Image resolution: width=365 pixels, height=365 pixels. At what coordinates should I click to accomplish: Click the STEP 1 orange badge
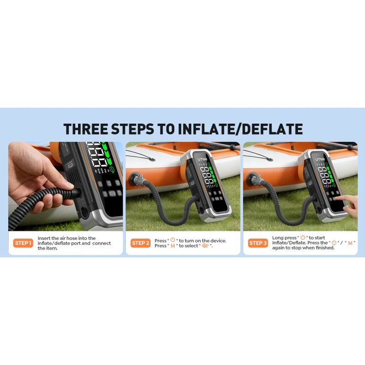[23, 243]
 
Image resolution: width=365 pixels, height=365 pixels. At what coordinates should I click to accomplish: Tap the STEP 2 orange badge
[141, 243]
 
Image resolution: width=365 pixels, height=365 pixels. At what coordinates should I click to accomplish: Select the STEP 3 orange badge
[258, 243]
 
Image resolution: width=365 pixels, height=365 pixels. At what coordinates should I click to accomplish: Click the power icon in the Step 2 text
[173, 240]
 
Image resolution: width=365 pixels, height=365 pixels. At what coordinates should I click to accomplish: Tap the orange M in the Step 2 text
[173, 246]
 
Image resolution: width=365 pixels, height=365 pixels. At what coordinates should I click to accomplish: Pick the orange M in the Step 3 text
[350, 243]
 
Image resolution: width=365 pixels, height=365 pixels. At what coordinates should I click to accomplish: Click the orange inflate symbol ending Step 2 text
[205, 245]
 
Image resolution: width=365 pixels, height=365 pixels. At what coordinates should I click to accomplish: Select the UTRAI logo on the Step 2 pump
[202, 159]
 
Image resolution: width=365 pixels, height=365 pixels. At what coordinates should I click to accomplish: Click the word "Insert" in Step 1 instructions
[44, 238]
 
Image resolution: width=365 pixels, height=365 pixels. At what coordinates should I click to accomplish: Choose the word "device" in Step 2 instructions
[218, 241]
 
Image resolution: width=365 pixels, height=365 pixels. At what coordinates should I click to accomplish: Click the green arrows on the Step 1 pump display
[107, 154]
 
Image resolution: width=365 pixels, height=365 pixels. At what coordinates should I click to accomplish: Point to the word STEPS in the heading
[132, 129]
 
